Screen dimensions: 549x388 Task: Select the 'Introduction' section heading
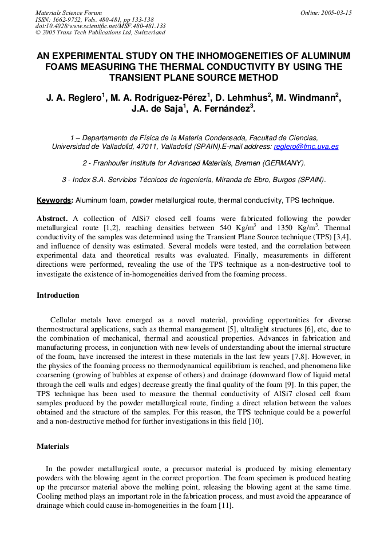click(x=58, y=295)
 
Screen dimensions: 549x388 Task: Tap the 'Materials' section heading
click(x=53, y=446)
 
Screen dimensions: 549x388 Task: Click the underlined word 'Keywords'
click(x=55, y=200)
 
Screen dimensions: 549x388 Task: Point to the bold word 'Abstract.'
click(x=53, y=219)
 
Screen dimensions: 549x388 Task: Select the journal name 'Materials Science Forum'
click(x=69, y=13)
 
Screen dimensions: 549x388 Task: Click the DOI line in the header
click(x=100, y=26)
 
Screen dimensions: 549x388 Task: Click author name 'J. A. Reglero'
click(x=74, y=98)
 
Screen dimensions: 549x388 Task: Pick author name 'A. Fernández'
click(x=221, y=109)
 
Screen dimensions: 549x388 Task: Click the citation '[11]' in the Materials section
click(x=225, y=505)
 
